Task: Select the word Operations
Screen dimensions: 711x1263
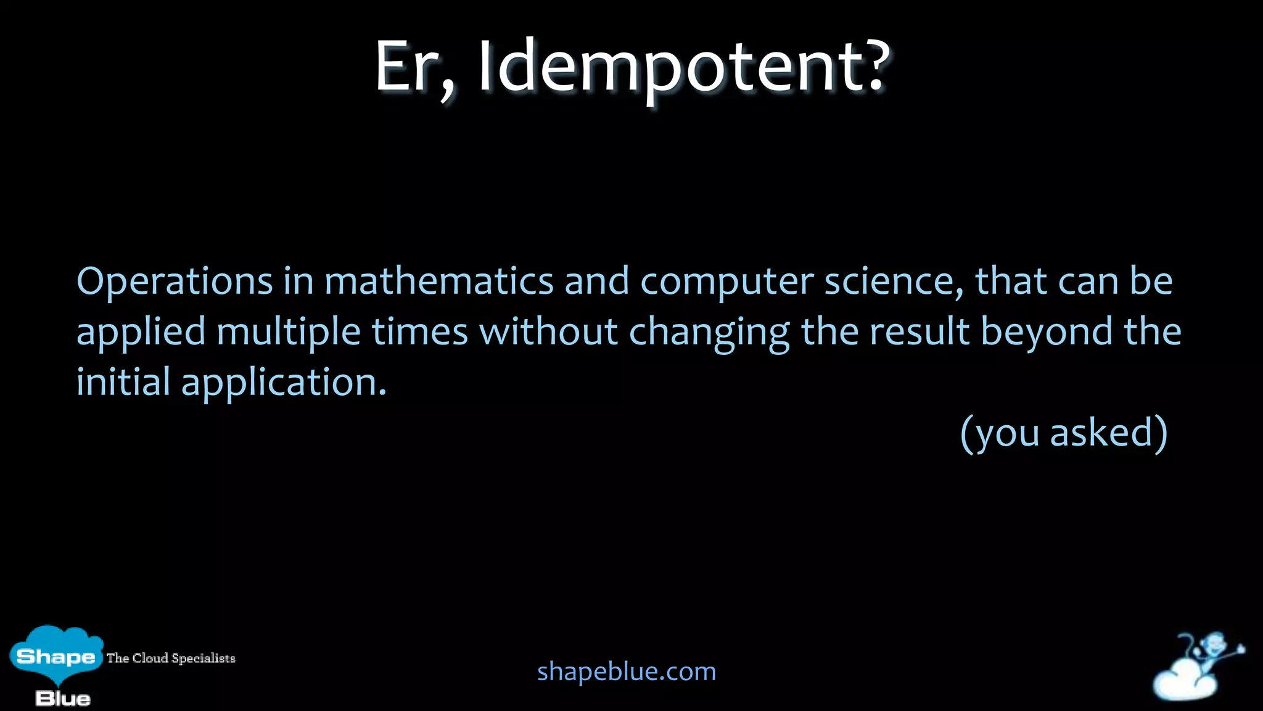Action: pyautogui.click(x=175, y=282)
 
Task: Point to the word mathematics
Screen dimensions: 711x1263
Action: pyautogui.click(x=439, y=282)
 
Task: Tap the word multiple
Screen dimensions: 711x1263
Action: pyautogui.click(x=289, y=333)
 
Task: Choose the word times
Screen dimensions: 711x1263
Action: pyautogui.click(x=419, y=331)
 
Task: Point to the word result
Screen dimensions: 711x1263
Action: pyautogui.click(x=919, y=331)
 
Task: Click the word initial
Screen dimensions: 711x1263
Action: pyautogui.click(x=123, y=381)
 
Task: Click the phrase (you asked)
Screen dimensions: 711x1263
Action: pyautogui.click(x=1064, y=433)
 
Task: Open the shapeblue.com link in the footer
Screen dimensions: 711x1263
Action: pyautogui.click(x=627, y=671)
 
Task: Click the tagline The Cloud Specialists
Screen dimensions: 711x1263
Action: pyautogui.click(x=171, y=658)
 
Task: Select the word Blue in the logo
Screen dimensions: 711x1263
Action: pyautogui.click(x=63, y=699)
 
